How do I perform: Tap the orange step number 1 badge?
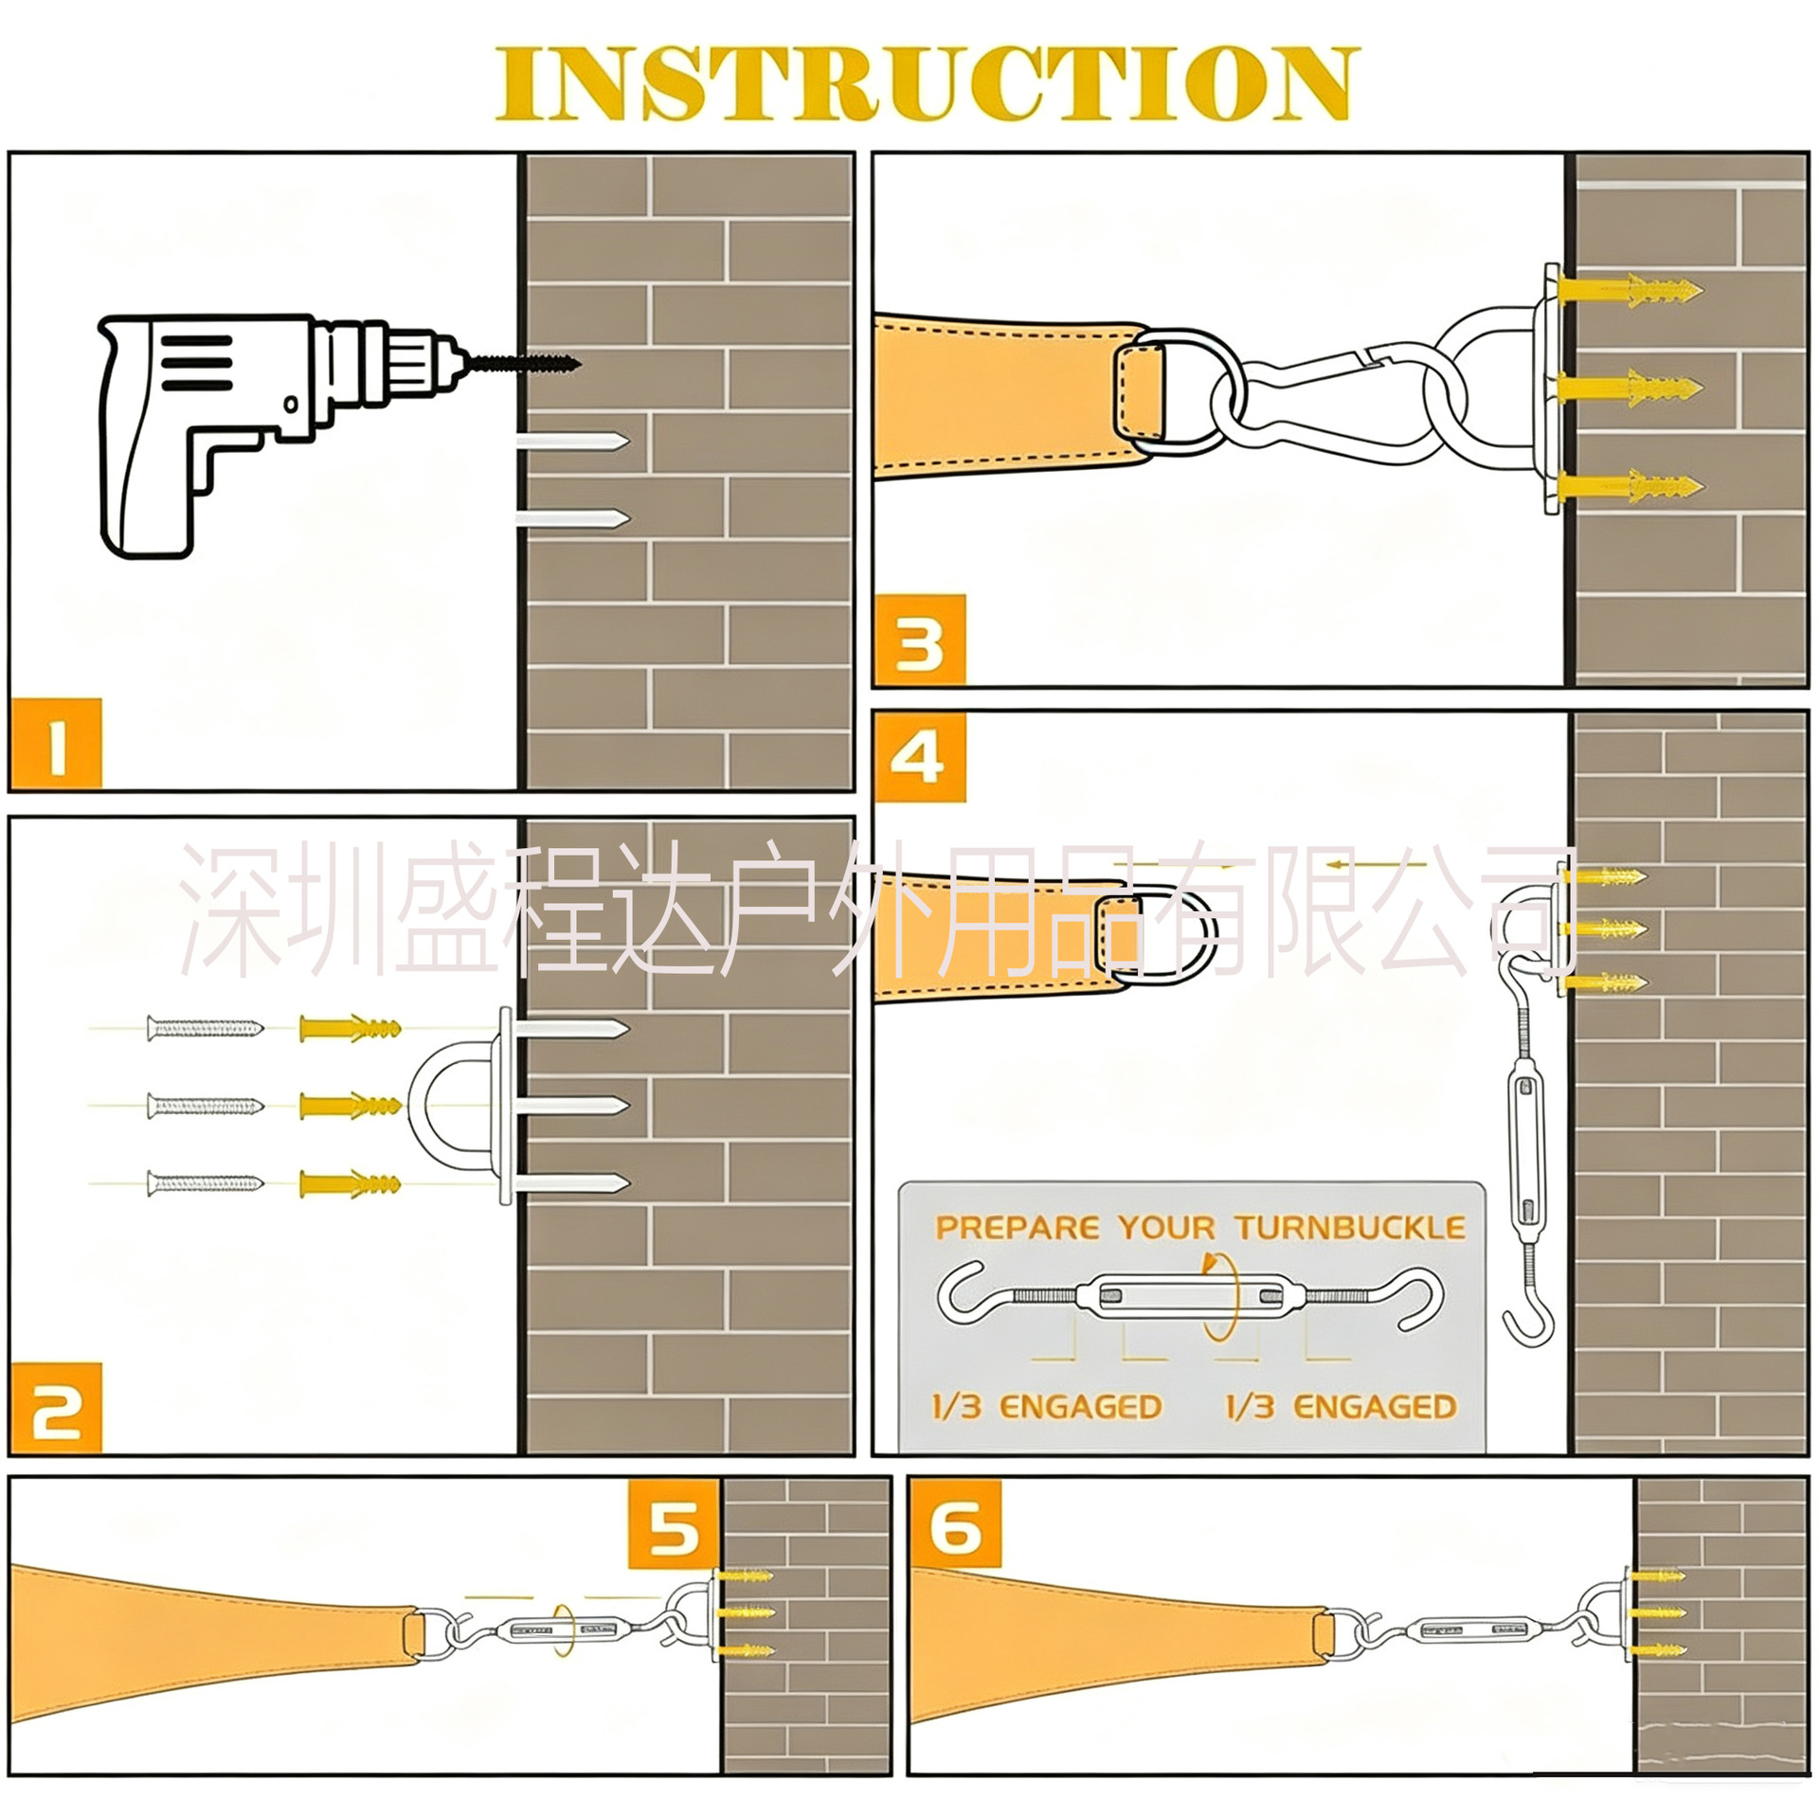click(x=57, y=745)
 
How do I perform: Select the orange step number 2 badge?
click(x=57, y=1409)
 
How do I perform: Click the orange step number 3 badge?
click(x=919, y=639)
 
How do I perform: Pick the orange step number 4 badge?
click(x=919, y=758)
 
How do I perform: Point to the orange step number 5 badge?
click(x=674, y=1527)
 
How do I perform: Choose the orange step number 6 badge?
click(x=955, y=1527)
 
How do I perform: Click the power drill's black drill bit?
click(x=523, y=362)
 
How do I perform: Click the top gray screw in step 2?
click(x=205, y=1028)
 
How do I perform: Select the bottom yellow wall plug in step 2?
click(x=350, y=1183)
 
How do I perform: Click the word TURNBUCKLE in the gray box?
click(x=1349, y=1229)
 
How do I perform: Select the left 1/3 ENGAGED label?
click(x=1047, y=1408)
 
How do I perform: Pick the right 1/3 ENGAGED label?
click(x=1341, y=1408)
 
